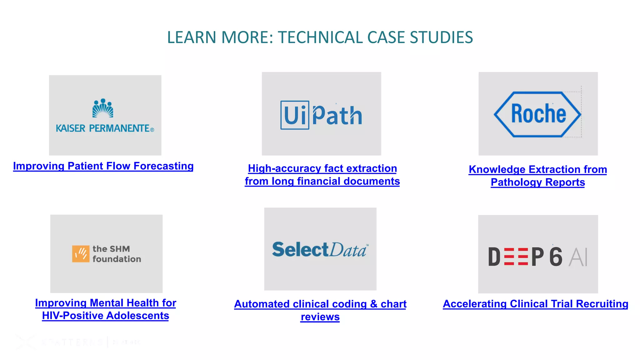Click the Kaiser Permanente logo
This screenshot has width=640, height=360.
point(105,116)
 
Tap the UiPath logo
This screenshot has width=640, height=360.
point(321,115)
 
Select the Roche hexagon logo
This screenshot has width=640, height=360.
point(537,114)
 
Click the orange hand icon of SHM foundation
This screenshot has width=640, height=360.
point(81,254)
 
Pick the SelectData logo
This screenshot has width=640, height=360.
point(320,249)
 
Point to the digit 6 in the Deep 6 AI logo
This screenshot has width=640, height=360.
point(556,257)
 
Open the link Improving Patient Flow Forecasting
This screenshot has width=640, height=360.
point(103,166)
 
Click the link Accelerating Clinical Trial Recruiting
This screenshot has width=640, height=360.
point(535,304)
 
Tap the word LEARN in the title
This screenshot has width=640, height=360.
point(192,37)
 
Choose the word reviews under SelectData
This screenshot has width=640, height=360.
point(320,317)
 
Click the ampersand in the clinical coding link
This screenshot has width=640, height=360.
point(374,304)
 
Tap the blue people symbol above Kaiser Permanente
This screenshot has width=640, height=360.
point(103,108)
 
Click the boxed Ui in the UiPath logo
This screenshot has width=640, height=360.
point(295,115)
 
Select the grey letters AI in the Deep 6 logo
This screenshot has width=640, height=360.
point(578,257)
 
